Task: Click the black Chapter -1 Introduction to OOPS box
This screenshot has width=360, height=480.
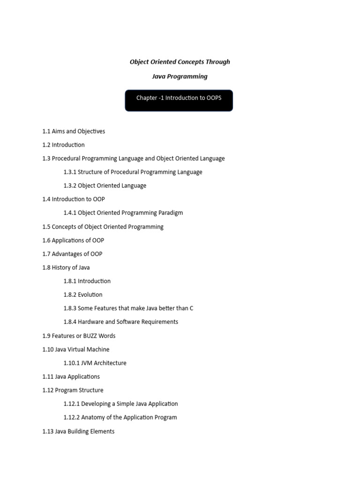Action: coord(179,100)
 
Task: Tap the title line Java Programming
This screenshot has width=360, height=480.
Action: coord(180,76)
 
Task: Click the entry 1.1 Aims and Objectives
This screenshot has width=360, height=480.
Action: coord(74,131)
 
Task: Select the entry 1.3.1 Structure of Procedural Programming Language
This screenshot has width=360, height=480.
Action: coord(133,172)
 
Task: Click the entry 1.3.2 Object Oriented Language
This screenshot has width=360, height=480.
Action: coord(105,186)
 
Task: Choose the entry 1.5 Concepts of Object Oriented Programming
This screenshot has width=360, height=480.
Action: coord(103,227)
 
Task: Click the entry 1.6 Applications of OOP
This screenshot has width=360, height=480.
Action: coord(73,240)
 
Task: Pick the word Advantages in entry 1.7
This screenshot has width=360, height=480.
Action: coord(67,254)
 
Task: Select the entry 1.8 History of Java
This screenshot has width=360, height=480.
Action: coord(66,268)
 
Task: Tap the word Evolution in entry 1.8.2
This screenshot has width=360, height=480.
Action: coord(90,295)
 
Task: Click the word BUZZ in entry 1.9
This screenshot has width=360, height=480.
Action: coord(89,336)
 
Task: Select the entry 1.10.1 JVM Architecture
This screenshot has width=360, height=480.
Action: coord(95,363)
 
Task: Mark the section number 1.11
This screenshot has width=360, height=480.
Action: coord(48,377)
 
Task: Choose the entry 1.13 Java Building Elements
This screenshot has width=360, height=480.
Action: coord(78,431)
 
